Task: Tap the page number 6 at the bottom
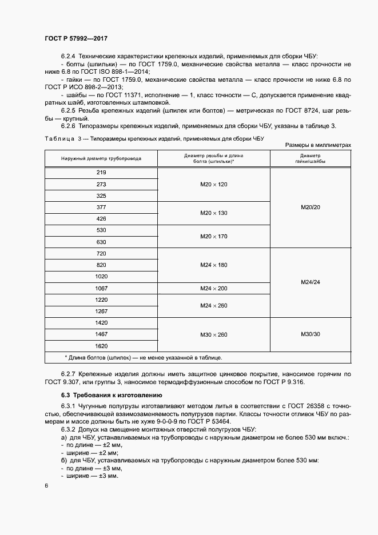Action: [x=46, y=485]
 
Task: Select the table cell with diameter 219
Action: [x=101, y=173]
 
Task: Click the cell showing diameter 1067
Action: [x=101, y=289]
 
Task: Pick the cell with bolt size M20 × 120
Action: [x=213, y=184]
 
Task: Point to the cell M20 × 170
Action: [x=213, y=236]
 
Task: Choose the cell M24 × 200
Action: [x=213, y=289]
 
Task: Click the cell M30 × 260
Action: [x=213, y=334]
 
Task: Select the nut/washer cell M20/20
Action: [x=310, y=207]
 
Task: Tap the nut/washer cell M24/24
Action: [x=310, y=282]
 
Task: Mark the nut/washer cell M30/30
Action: [x=310, y=334]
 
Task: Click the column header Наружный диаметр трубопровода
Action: [x=101, y=158]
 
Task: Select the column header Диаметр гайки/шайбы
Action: [x=310, y=158]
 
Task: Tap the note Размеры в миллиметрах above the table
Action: [x=317, y=146]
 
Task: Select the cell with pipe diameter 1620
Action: [x=101, y=346]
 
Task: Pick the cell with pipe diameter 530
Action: [x=101, y=230]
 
